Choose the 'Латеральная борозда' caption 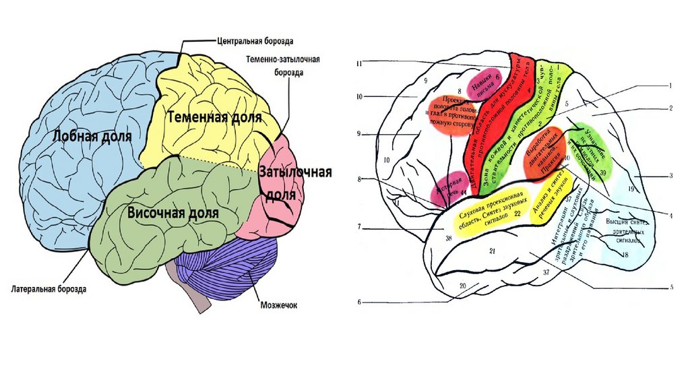click(x=49, y=290)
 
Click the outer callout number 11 click(x=360, y=64)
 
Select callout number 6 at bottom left click(x=360, y=302)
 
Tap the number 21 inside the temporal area click(x=493, y=251)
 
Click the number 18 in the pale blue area click(x=626, y=255)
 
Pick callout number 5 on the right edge click(x=671, y=288)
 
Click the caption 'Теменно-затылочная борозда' click(x=282, y=65)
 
